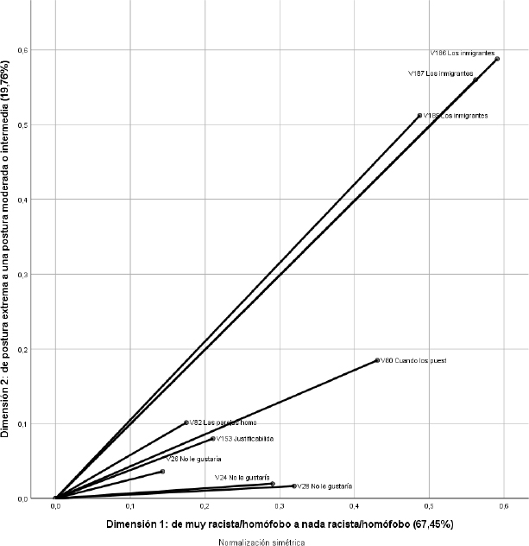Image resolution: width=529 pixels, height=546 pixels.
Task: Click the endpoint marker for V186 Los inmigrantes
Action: pos(498,59)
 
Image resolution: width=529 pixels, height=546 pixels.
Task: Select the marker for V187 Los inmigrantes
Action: pos(475,80)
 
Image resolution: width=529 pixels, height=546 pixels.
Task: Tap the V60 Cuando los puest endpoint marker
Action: pos(377,360)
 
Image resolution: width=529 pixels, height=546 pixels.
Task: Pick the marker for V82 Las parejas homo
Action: pos(186,422)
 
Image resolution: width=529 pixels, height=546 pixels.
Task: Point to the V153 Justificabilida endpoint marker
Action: pos(213,439)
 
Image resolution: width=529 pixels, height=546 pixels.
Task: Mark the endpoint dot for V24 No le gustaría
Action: pos(273,484)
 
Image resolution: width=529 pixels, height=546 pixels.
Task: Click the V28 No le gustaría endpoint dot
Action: pos(294,486)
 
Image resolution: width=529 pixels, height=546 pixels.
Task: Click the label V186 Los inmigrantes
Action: pos(462,53)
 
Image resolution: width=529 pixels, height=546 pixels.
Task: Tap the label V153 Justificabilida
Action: pos(246,439)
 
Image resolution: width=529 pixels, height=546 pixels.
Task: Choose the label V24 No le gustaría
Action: pos(242,478)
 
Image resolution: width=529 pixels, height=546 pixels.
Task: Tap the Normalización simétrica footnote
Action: pos(261,542)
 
